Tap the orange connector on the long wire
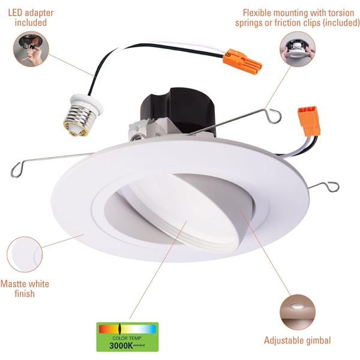242,60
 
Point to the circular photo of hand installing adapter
31,49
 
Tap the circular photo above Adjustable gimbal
298,312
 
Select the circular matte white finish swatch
25,254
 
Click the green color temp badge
127,337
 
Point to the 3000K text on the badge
121,346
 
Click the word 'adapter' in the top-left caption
39,13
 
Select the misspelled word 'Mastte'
13,284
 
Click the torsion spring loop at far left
17,169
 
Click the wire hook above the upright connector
274,116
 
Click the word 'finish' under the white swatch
25,293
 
